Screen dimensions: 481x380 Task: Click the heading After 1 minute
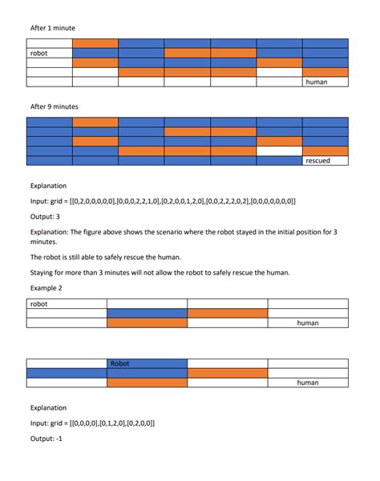(53, 28)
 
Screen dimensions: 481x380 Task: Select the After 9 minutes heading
(55, 106)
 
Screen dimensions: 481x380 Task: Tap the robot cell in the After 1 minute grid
(49, 53)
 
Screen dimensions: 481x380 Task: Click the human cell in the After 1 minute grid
(325, 82)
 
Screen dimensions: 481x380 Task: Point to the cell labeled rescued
(325, 161)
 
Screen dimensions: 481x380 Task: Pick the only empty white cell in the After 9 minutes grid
(279, 150)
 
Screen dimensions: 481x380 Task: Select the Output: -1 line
(49, 437)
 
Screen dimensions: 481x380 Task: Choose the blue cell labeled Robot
(147, 363)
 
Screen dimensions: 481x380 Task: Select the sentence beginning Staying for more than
(153, 272)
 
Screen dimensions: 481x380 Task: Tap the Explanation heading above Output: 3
(49, 186)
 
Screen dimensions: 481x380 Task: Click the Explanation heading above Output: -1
(49, 407)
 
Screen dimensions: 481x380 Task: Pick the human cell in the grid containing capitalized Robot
(308, 383)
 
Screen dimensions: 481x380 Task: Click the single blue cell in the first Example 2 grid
(147, 314)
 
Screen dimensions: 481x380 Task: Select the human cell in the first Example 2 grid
(308, 323)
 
